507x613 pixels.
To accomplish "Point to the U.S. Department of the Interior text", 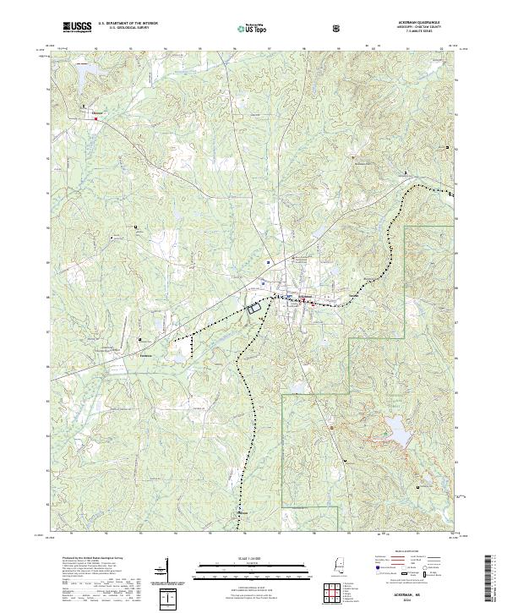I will [x=128, y=24].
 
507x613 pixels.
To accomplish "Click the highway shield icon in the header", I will [x=338, y=28].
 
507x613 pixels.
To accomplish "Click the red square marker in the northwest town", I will [x=96, y=118].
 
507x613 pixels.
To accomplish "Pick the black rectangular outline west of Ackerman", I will [x=253, y=309].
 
